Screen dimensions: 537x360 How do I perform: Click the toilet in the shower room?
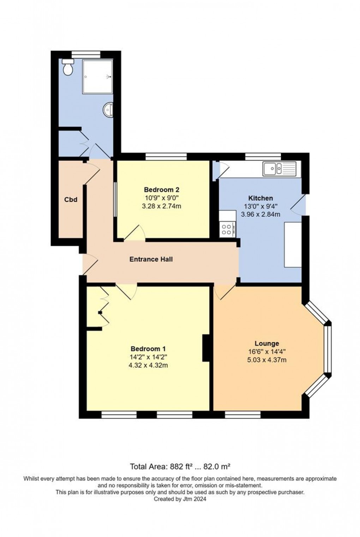[x=68, y=67]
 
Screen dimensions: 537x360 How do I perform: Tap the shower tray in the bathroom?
[x=97, y=77]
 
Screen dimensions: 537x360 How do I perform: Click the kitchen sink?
[x=274, y=169]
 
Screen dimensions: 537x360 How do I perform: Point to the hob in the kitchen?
[x=227, y=229]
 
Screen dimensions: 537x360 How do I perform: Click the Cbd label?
[x=71, y=199]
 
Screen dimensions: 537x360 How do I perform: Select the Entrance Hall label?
[x=151, y=259]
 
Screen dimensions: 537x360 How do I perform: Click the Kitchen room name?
[x=260, y=198]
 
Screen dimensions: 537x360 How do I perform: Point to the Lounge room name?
[x=267, y=344]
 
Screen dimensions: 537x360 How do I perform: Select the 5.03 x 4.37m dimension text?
[x=267, y=360]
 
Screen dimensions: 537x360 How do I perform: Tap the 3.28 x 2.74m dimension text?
[x=161, y=206]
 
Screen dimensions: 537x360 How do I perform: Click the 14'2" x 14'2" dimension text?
[x=148, y=357]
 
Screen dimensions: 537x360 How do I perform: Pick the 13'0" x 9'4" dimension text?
[x=260, y=206]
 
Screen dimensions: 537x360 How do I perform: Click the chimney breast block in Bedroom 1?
[x=206, y=348]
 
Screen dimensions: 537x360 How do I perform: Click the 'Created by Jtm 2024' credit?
[x=180, y=499]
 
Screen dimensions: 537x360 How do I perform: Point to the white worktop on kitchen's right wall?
[x=293, y=244]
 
